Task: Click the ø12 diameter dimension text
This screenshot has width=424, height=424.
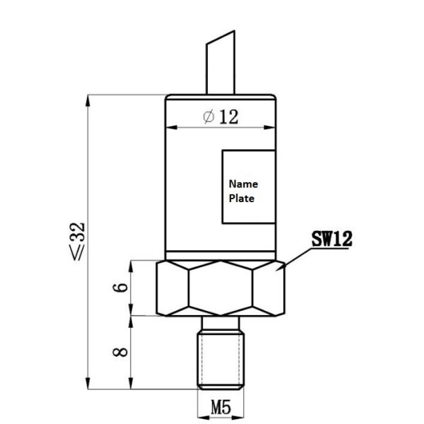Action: click(x=220, y=117)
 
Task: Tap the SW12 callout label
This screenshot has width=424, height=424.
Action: click(x=331, y=239)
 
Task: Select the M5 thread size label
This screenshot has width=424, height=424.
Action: click(x=220, y=408)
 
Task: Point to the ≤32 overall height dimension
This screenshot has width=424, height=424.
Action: click(x=78, y=240)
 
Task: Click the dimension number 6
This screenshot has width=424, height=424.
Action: click(x=121, y=288)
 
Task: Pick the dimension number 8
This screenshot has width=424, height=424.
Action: click(x=121, y=351)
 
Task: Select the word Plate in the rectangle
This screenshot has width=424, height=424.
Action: click(x=242, y=199)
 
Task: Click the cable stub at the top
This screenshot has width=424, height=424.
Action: click(x=220, y=67)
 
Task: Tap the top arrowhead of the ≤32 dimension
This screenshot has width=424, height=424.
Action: click(x=88, y=100)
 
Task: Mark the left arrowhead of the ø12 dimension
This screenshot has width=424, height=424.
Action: click(x=170, y=128)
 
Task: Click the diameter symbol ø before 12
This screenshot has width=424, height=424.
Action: click(x=208, y=117)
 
